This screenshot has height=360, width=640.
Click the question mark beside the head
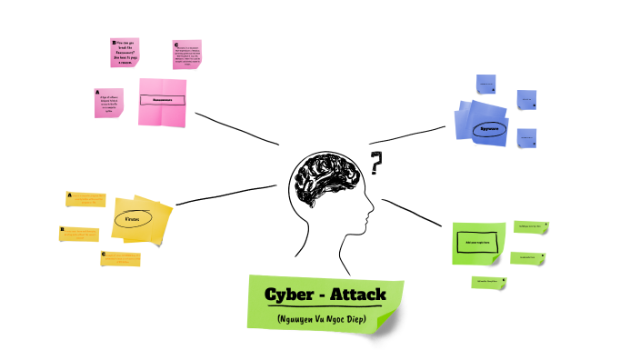point(375,165)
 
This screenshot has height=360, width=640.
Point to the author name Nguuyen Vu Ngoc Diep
point(325,319)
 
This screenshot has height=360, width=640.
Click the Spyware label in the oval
point(490,128)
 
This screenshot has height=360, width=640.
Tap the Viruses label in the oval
point(132,219)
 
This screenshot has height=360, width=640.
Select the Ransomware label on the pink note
point(163,100)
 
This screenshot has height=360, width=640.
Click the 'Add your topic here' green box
point(477,243)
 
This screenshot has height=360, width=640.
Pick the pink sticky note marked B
point(125,52)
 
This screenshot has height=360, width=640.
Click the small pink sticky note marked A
point(108,103)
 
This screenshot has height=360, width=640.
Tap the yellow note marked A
point(85,199)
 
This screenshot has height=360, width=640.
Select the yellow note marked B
point(79,234)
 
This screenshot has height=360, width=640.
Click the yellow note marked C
point(121,259)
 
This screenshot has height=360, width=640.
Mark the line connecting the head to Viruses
point(228,194)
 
